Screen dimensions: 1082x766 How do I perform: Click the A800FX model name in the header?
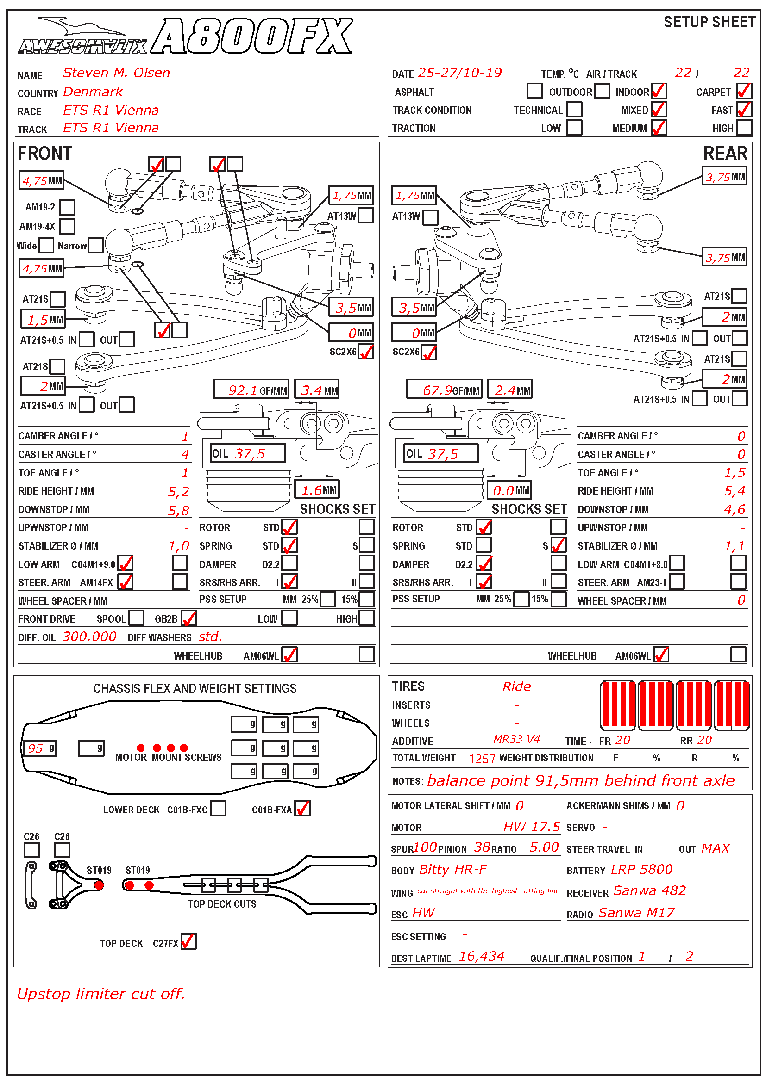[x=252, y=36]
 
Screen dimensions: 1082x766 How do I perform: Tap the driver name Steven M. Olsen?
[x=116, y=73]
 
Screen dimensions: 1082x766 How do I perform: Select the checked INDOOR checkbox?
[x=658, y=91]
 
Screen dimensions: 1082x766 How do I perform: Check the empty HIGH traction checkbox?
[x=744, y=128]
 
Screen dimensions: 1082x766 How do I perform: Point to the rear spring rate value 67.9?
[x=437, y=390]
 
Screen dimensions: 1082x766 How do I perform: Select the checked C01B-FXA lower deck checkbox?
[x=302, y=808]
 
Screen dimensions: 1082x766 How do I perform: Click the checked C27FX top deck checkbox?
[x=188, y=941]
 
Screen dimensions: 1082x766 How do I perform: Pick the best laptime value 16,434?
[x=481, y=956]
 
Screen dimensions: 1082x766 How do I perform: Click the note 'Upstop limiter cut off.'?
[x=101, y=994]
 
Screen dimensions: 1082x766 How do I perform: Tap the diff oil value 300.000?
[x=89, y=637]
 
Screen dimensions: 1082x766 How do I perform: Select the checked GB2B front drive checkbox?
[x=189, y=618]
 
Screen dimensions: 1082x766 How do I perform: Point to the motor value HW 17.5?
[x=531, y=827]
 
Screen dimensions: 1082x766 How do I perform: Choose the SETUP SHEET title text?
[x=709, y=22]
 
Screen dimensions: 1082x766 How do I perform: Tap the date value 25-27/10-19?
[x=460, y=73]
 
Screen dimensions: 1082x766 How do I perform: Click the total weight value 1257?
[x=482, y=759]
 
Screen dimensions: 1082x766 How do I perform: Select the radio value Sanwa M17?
[x=636, y=913]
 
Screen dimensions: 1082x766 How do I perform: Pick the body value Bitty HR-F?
[x=453, y=869]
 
